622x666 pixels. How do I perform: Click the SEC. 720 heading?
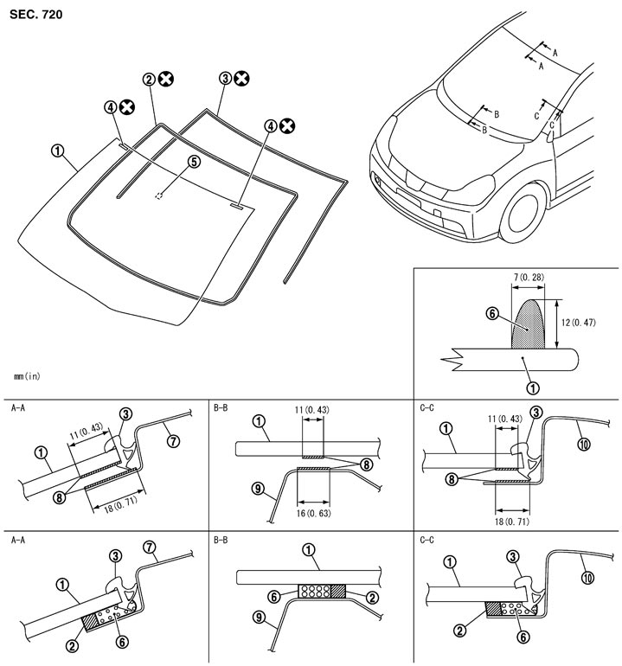36,15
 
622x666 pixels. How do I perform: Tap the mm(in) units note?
28,375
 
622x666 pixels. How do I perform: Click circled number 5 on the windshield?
194,161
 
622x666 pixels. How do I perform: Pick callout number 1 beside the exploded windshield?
58,150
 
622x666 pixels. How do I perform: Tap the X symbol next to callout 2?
166,79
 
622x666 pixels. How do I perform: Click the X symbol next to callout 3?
241,79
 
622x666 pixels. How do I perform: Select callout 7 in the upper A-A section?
174,441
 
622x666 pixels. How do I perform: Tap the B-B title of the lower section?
223,540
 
